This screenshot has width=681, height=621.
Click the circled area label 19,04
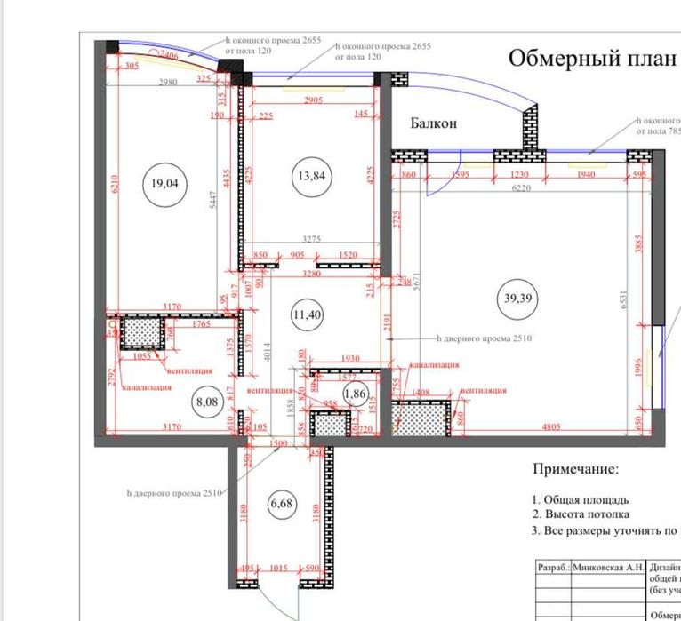pyautogui.click(x=164, y=185)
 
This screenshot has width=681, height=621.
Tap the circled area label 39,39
pyautogui.click(x=522, y=298)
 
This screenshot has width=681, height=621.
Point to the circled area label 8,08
pyautogui.click(x=207, y=401)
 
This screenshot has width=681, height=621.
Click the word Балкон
pyautogui.click(x=433, y=123)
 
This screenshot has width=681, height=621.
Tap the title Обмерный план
pyautogui.click(x=584, y=59)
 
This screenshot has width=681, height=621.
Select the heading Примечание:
pyautogui.click(x=574, y=468)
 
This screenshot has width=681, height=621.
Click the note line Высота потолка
pyautogui.click(x=587, y=514)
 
